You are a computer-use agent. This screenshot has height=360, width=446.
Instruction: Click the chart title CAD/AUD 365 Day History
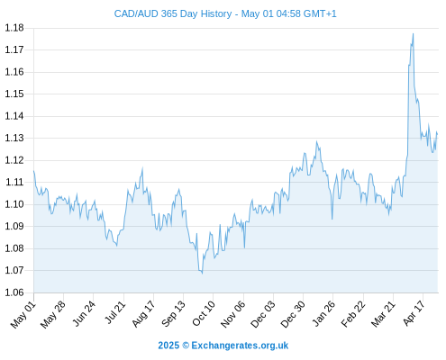[x=173, y=13]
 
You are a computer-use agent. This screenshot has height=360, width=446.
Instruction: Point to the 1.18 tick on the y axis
[x=14, y=28]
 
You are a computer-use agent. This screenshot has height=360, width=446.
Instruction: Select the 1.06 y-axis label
[x=14, y=292]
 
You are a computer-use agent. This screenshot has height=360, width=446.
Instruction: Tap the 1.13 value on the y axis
[x=14, y=138]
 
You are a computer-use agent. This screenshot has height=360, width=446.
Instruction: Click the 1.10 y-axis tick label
[x=14, y=204]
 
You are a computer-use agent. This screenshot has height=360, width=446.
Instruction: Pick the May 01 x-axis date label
[x=23, y=315]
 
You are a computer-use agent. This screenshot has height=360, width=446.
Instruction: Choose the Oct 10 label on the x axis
[x=204, y=313]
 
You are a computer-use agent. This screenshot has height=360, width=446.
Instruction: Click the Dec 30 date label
[x=293, y=314]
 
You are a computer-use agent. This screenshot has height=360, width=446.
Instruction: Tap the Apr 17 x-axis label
[x=414, y=313]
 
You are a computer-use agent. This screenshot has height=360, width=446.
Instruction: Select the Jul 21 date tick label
[x=114, y=312]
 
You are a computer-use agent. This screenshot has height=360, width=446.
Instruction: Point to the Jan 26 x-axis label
[x=323, y=314]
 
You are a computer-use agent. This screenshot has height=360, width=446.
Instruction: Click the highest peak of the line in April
[x=414, y=33]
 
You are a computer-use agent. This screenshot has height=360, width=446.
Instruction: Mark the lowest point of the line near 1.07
[x=202, y=273]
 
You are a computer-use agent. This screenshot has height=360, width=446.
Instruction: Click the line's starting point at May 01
[x=33, y=171]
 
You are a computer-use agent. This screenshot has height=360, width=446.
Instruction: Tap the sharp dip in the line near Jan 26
[x=332, y=219]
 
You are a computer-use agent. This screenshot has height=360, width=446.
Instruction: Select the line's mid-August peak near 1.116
[x=142, y=168]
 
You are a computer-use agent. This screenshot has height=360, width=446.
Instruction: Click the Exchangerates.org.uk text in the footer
[x=240, y=346]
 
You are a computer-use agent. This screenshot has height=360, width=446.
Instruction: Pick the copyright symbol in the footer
[x=186, y=346]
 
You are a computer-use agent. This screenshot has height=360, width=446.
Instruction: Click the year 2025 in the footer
[x=168, y=346]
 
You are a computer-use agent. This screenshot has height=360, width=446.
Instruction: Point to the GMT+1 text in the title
[x=320, y=13]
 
